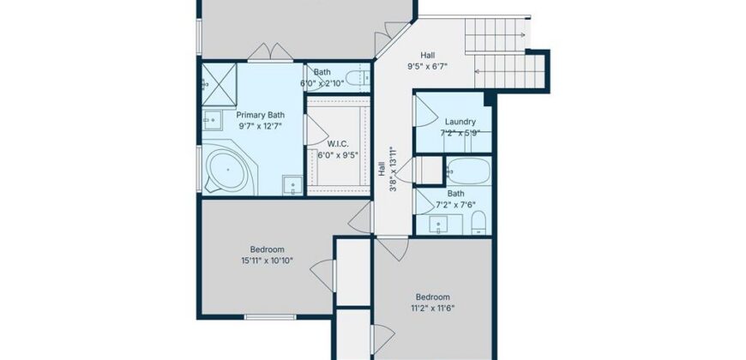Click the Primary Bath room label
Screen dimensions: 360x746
point(260,114)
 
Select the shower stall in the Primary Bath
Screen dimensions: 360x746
point(218,83)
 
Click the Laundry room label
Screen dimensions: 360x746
point(460,122)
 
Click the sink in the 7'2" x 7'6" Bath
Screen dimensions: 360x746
point(441,225)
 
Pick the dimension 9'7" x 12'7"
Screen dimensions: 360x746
point(260,125)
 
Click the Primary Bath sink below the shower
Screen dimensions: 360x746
point(210,120)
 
